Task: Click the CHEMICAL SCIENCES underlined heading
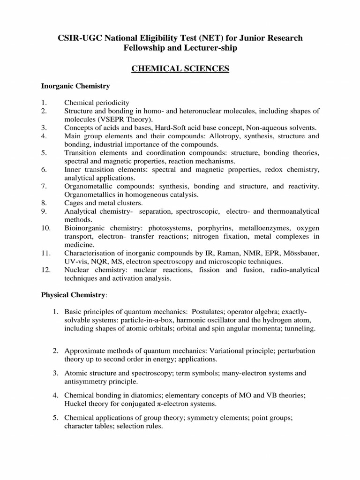[180, 69]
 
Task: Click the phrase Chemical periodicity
[97, 102]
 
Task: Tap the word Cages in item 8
[74, 203]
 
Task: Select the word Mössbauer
[301, 253]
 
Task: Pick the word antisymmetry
[87, 382]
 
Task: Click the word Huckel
[75, 404]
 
